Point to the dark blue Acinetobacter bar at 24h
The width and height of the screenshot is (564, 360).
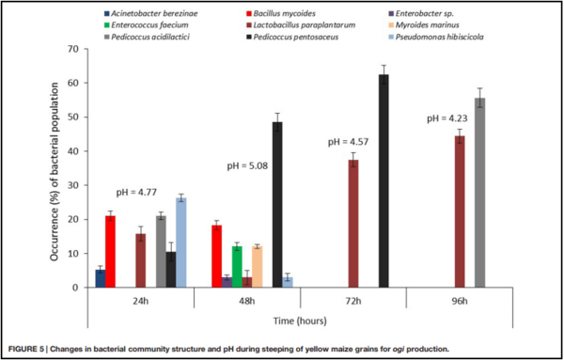100,278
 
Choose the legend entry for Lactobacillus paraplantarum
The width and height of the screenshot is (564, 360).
311,26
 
